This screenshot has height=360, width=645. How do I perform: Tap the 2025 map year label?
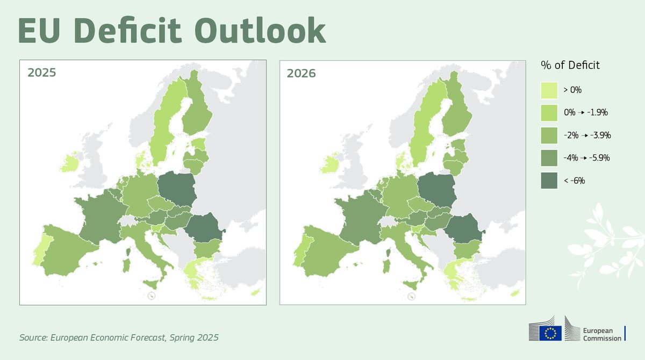(x=41, y=73)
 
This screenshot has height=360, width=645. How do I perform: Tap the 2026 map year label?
(x=301, y=73)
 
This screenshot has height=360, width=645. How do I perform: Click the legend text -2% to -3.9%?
(x=587, y=135)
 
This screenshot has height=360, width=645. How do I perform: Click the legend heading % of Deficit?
(x=570, y=66)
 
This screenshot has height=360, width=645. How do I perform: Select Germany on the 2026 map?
(x=400, y=196)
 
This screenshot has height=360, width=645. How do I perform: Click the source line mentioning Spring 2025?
(x=119, y=338)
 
